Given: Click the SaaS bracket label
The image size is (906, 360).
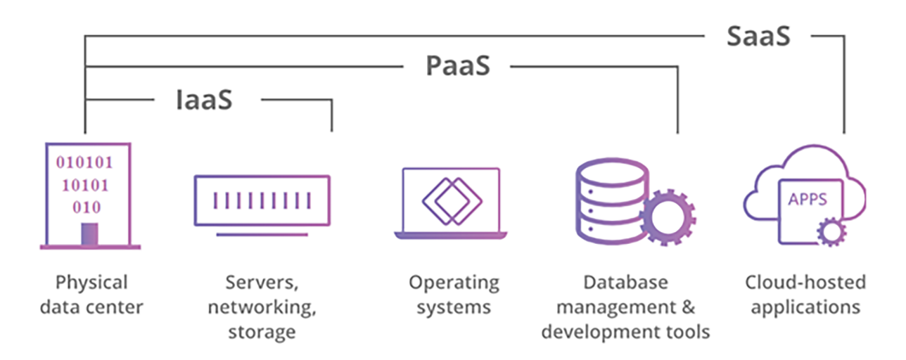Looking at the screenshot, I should [x=758, y=36].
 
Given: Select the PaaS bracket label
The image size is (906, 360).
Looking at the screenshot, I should [x=457, y=67].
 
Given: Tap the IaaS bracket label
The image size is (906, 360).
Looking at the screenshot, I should [x=204, y=100].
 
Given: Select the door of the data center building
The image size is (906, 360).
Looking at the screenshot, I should [x=89, y=234].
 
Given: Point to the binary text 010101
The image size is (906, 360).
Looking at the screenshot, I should [x=84, y=163].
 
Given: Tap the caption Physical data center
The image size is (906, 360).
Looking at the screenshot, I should [x=91, y=295].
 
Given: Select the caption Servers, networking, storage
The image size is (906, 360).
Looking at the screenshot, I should [x=262, y=307].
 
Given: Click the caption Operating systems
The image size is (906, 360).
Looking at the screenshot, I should [x=454, y=295].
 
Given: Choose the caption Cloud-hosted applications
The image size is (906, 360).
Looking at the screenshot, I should [x=805, y=295].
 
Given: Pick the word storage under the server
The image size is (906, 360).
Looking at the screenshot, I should [x=262, y=331].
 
